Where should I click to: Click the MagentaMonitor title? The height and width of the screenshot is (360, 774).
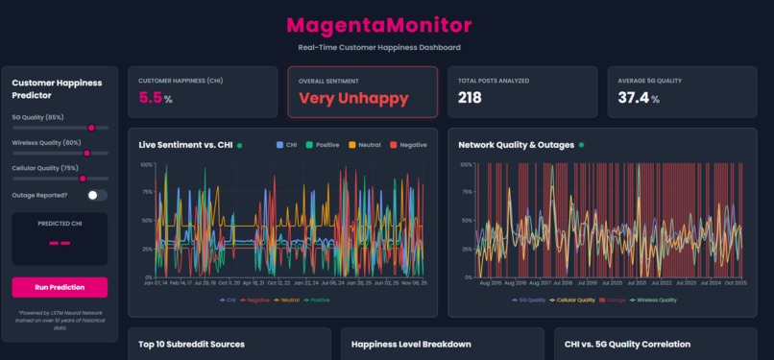click(378, 25)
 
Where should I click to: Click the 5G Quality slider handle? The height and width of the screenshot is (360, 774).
click(91, 127)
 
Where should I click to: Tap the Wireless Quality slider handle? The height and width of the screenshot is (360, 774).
click(86, 153)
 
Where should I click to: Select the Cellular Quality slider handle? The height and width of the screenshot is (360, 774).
click(83, 178)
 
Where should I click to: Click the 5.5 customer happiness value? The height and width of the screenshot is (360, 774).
click(151, 98)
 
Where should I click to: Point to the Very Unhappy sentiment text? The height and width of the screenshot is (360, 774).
click(352, 98)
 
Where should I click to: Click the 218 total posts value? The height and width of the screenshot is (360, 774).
click(470, 98)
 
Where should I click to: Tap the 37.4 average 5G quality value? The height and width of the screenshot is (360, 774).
click(633, 98)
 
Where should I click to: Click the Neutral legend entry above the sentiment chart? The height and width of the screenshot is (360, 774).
click(364, 145)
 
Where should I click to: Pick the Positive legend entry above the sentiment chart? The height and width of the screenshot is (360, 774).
click(323, 145)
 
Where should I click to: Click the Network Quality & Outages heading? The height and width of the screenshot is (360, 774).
click(516, 145)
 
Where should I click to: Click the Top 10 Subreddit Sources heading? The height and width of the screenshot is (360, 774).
click(191, 344)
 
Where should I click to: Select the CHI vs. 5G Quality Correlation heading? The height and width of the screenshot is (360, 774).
click(637, 344)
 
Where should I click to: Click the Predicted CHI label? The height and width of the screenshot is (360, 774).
click(60, 223)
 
